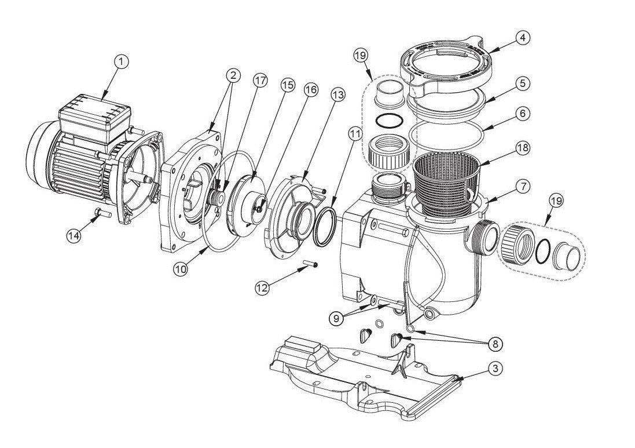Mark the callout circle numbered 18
pos(523,148)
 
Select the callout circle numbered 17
pos(260,81)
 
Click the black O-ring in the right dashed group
pos(543,250)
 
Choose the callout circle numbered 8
pos(494,344)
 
